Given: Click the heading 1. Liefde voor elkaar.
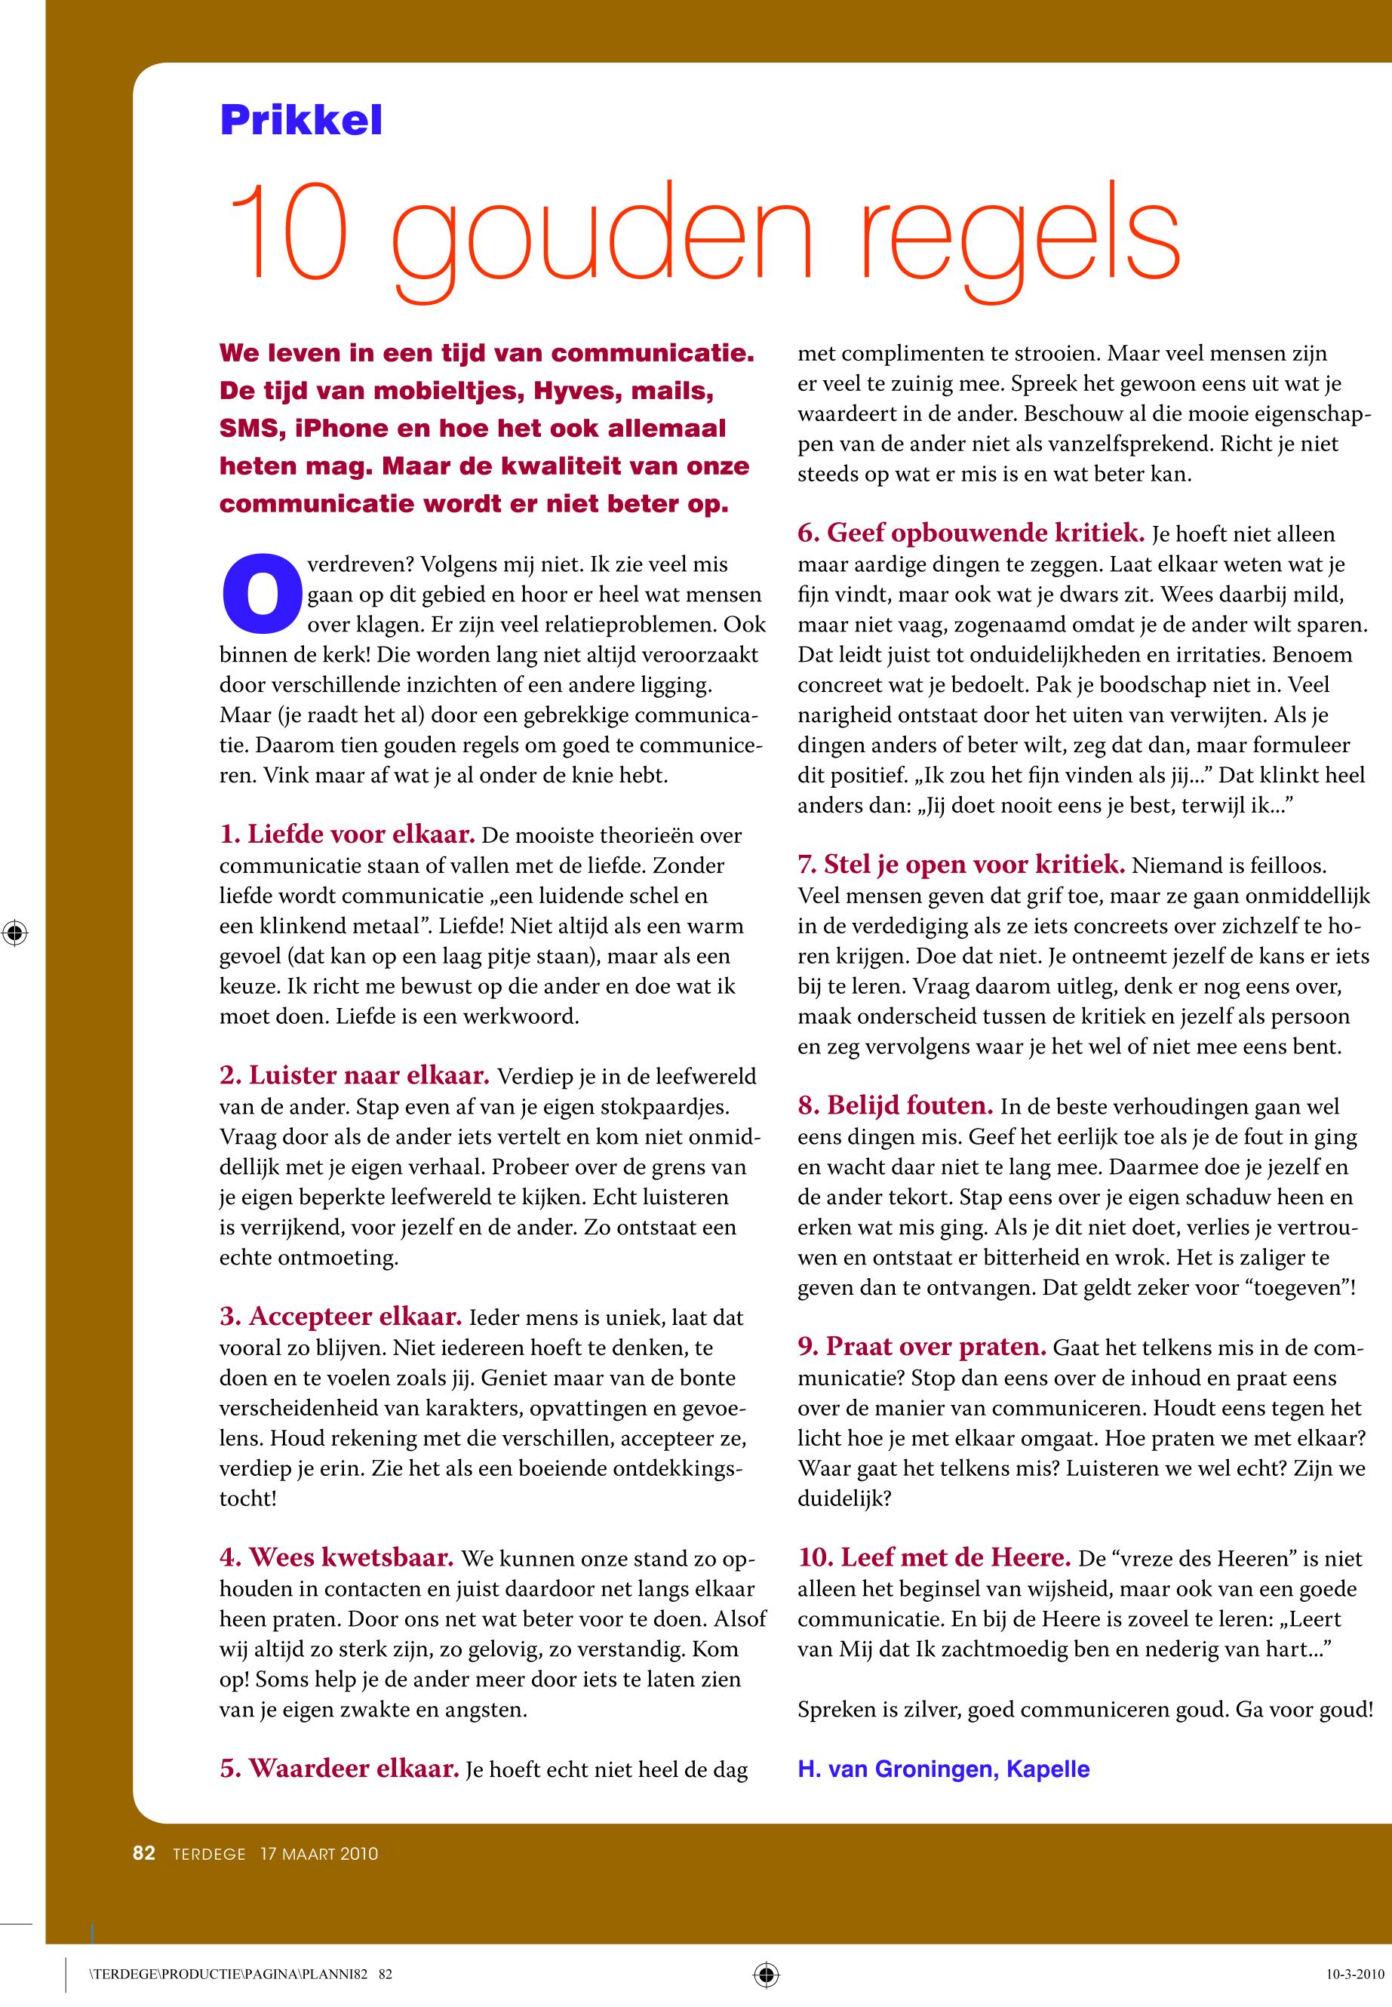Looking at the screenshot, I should click(x=347, y=834).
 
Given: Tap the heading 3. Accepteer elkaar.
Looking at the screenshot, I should click(x=340, y=1316).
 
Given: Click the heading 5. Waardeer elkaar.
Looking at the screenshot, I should click(x=340, y=1768).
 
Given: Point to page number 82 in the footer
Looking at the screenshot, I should click(x=144, y=1852).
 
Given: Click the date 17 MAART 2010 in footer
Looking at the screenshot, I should click(x=319, y=1854).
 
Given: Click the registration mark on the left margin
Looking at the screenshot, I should click(x=15, y=933).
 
